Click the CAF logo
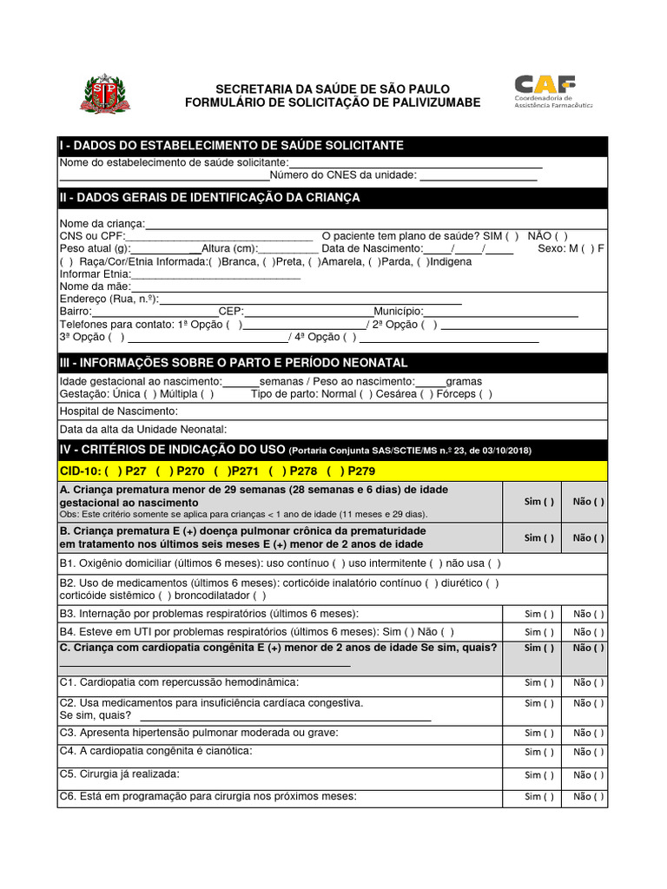(551, 89)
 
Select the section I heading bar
(333, 145)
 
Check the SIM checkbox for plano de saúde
(512, 235)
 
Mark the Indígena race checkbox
(423, 261)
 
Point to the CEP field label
(231, 311)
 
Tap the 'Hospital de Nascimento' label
(118, 411)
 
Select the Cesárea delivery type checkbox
(425, 393)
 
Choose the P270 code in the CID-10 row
(188, 471)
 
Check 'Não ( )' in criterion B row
(588, 537)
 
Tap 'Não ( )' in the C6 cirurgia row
(588, 796)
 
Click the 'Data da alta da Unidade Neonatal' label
(142, 429)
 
